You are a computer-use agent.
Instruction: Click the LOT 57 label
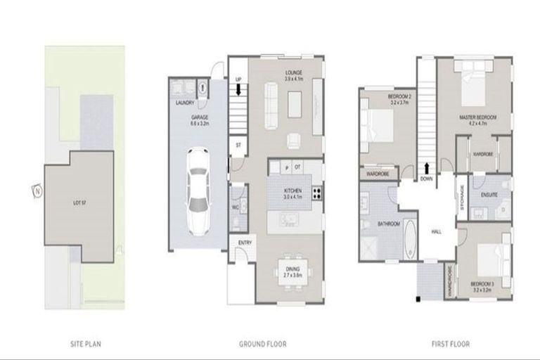[x=79, y=202]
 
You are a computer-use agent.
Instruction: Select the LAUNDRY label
[x=185, y=103]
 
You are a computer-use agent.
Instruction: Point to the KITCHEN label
[x=293, y=191]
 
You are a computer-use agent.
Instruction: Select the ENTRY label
[x=245, y=243]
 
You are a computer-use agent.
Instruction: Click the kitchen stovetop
[x=316, y=192]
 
